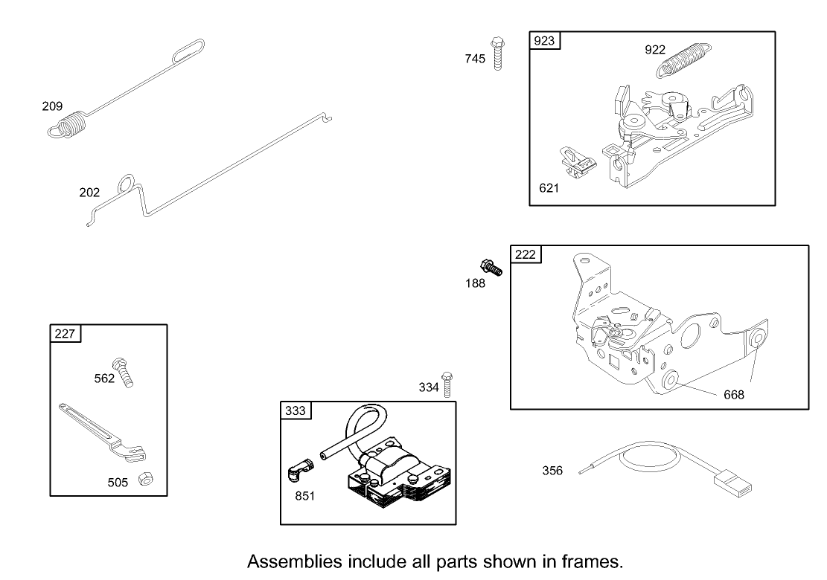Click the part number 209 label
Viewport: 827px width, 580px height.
click(x=52, y=106)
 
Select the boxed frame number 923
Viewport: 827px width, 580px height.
click(x=544, y=41)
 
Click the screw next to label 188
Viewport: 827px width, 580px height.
click(x=492, y=268)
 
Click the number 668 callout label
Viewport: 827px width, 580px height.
click(x=733, y=395)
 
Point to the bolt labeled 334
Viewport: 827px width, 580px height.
click(x=447, y=384)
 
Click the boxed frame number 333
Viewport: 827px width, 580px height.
click(x=295, y=410)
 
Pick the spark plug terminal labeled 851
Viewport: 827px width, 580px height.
click(x=301, y=471)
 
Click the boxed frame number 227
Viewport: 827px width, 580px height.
click(x=65, y=333)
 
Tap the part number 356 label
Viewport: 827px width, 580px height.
click(x=552, y=471)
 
